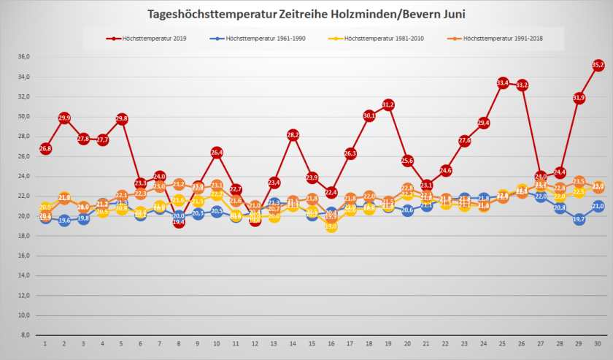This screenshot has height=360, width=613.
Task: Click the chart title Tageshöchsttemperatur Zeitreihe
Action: [x=306, y=14]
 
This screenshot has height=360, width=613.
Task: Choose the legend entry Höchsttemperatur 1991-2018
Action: [x=504, y=38]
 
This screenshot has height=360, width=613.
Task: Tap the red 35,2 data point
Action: [x=598, y=65]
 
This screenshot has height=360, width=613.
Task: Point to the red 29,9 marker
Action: [x=64, y=118]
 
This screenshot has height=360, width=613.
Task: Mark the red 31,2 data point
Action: [x=388, y=104]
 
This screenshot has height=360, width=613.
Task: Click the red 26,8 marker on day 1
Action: [x=45, y=148]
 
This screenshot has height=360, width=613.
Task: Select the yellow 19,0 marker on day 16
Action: [x=331, y=226]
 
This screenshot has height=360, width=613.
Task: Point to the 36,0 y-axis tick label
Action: [x=23, y=57]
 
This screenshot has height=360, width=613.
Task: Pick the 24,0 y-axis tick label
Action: [x=23, y=176]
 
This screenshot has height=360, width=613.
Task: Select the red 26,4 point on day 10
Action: [x=217, y=153]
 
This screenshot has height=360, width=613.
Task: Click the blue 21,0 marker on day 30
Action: [x=598, y=206]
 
